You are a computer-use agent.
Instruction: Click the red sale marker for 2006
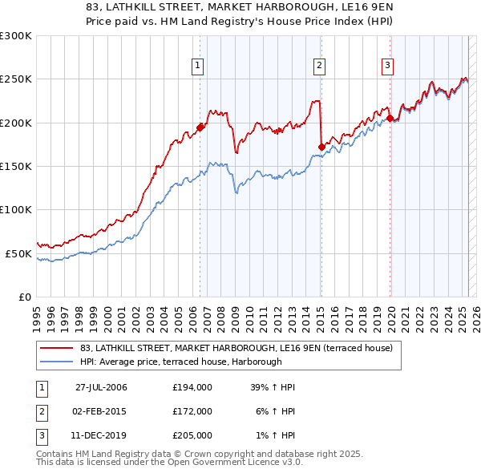(200, 127)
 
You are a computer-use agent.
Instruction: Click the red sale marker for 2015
(321, 147)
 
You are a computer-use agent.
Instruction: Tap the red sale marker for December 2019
(390, 119)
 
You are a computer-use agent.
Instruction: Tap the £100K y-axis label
(16, 209)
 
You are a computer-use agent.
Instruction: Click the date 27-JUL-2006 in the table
(100, 387)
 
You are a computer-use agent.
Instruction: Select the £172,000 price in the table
(192, 411)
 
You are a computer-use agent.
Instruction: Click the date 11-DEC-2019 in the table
(100, 435)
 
